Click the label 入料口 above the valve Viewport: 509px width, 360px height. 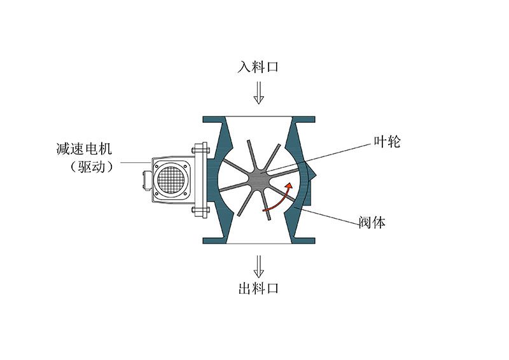[x=258, y=67]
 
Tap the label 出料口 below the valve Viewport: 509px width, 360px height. [x=258, y=288]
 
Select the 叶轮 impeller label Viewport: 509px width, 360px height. [x=387, y=142]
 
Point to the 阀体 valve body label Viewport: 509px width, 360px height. [x=372, y=223]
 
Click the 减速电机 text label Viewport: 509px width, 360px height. [x=85, y=149]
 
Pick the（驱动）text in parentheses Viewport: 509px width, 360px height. [x=92, y=167]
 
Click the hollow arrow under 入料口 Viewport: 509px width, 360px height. [x=258, y=93]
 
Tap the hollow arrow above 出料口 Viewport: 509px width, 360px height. [x=258, y=267]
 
